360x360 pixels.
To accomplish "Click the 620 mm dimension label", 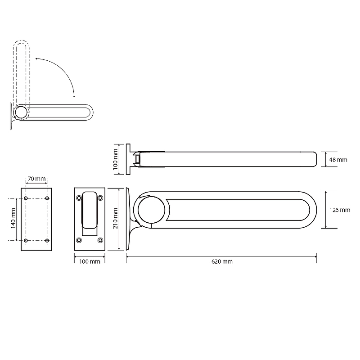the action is click(x=222, y=261).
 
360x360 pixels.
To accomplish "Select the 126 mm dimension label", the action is click(x=340, y=210).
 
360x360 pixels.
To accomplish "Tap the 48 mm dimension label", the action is click(x=338, y=160).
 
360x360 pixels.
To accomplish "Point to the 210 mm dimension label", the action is click(x=116, y=218).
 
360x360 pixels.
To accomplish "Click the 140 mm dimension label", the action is click(x=13, y=218).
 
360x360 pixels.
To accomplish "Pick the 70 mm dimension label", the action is click(x=37, y=179).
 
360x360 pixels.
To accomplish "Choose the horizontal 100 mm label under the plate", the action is click(x=90, y=261).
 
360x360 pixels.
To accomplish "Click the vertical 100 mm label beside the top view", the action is click(x=116, y=159).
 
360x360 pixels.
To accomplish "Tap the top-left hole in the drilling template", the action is click(x=26, y=198).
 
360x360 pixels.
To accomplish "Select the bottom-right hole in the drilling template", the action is click(x=47, y=240).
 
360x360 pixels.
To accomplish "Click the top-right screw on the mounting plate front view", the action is click(x=100, y=198).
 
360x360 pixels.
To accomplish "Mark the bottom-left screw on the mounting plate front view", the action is click(x=79, y=240).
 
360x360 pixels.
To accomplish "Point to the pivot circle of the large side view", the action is click(x=151, y=210).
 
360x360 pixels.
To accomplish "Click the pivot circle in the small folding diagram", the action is click(x=21, y=112).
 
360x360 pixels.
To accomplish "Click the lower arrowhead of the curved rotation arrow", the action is click(x=74, y=96).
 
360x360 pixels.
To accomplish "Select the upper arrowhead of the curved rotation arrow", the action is click(x=37, y=59).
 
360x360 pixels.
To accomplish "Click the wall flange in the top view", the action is click(x=128, y=159).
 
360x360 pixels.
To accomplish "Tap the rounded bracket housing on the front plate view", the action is click(x=90, y=210).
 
